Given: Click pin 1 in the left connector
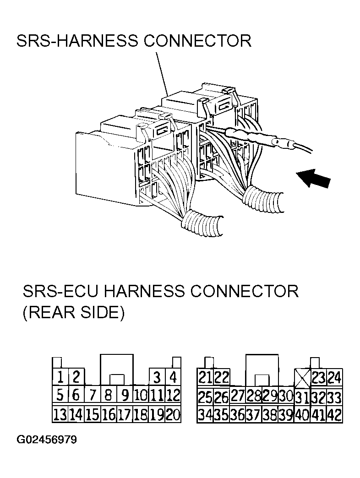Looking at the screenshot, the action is click(60, 377).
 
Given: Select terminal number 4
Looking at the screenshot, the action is click(173, 377).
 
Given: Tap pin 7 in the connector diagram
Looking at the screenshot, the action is click(93, 395).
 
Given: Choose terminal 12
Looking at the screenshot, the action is click(173, 395).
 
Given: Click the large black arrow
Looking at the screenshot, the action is click(314, 179).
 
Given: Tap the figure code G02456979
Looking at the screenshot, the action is click(46, 440).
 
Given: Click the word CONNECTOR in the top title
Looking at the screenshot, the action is click(197, 41).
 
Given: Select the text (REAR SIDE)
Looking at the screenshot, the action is click(74, 312).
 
